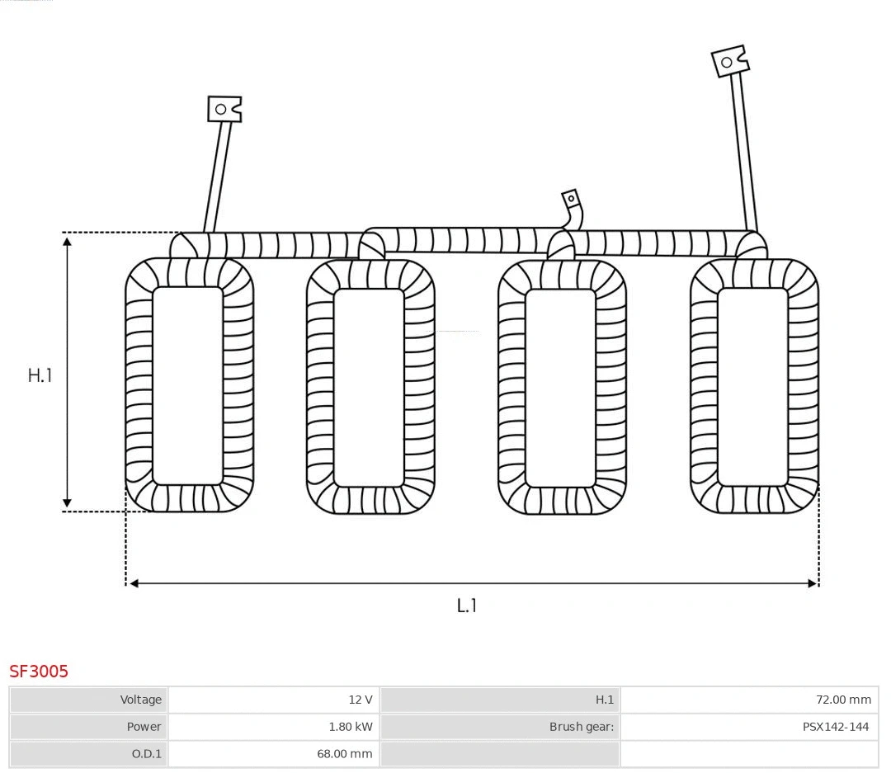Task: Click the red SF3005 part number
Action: [x=39, y=672]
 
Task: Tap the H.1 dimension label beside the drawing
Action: [x=40, y=375]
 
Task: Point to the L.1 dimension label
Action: [x=467, y=606]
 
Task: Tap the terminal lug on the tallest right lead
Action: [x=729, y=62]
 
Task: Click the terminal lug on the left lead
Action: [x=224, y=109]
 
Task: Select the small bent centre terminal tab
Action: [x=571, y=200]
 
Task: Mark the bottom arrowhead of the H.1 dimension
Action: [x=68, y=503]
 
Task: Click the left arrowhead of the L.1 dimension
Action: [x=134, y=583]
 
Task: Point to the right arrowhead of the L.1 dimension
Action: [x=812, y=583]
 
